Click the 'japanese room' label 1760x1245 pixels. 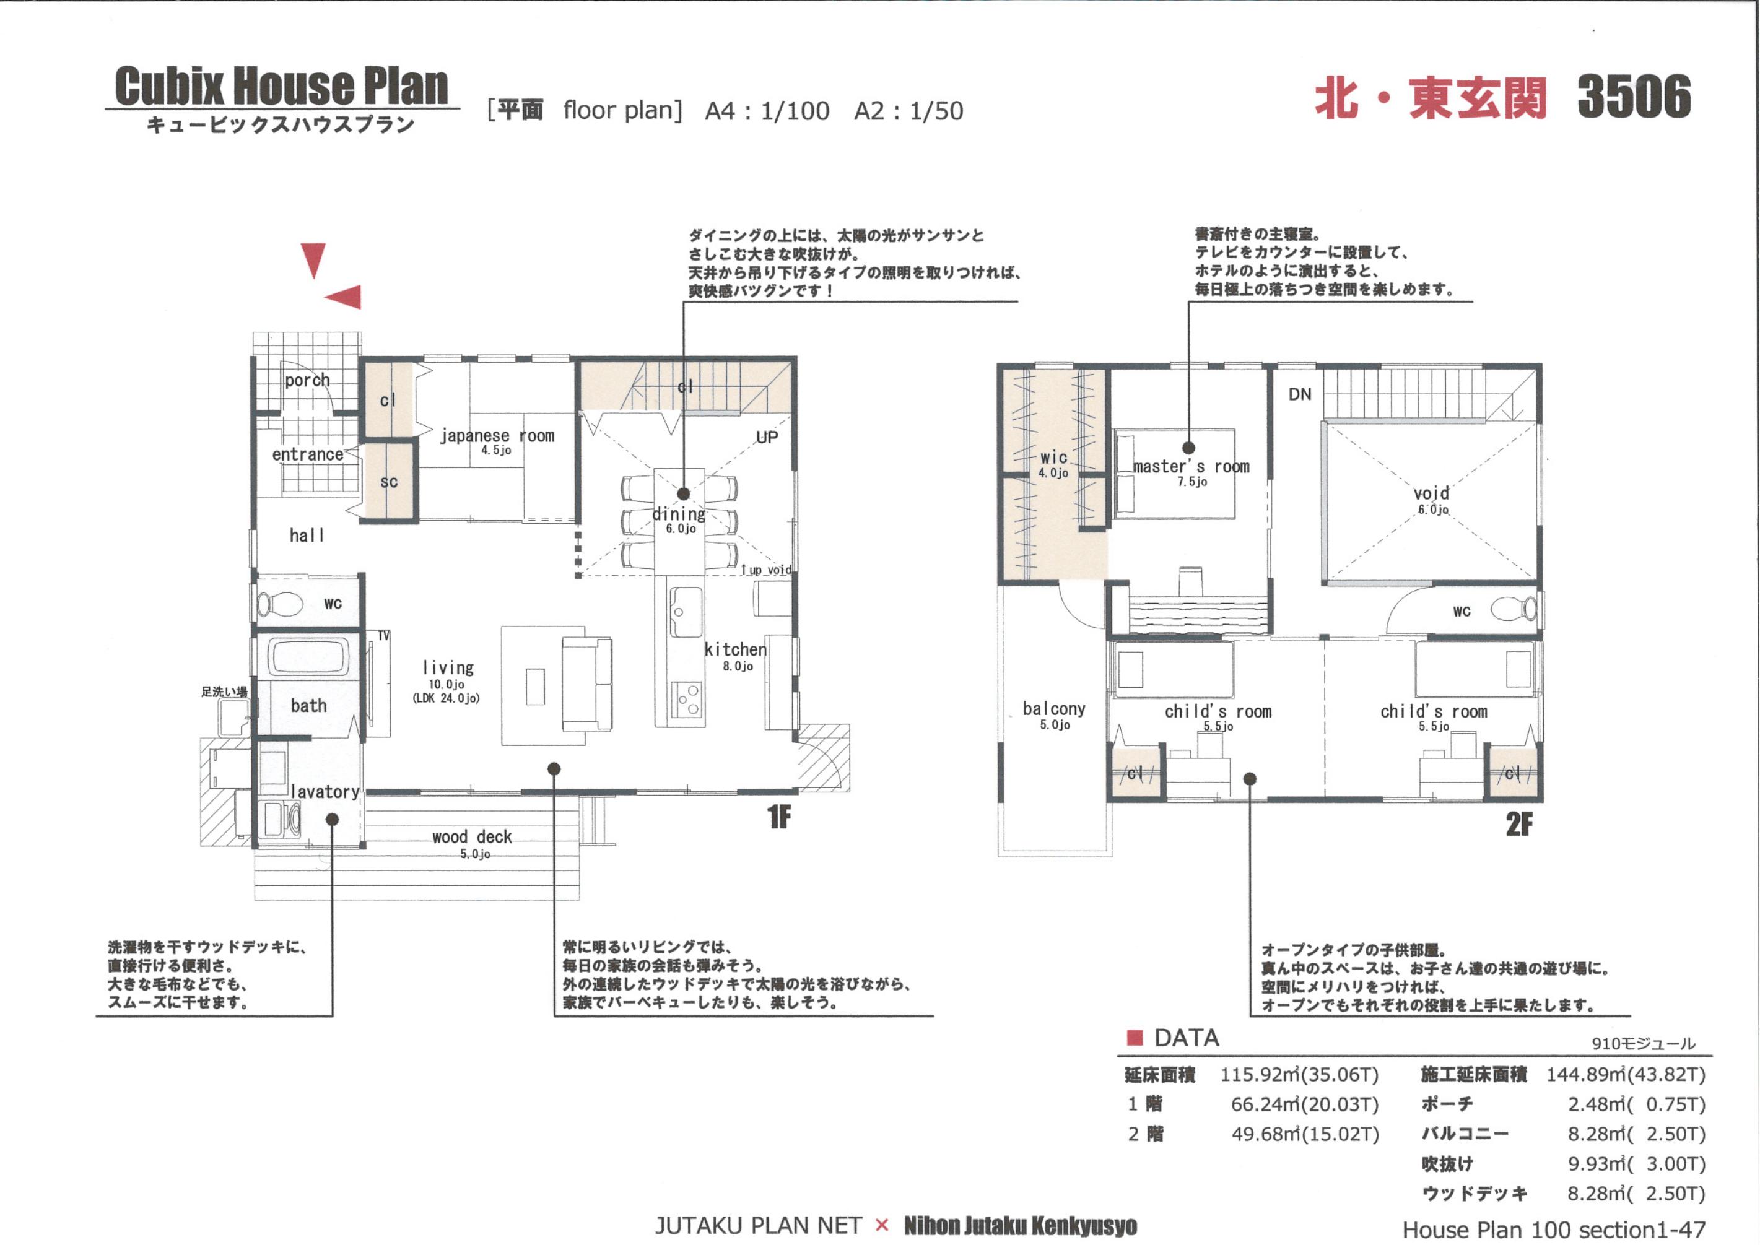tap(497, 435)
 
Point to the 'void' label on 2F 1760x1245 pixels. tap(1431, 493)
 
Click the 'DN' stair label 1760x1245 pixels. tap(1300, 394)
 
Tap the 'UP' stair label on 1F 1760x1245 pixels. tap(767, 437)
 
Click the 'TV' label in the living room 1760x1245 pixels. tap(383, 636)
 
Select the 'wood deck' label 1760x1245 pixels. tap(472, 836)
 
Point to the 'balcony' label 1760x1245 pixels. tap(1053, 708)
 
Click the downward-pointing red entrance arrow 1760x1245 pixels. tap(313, 260)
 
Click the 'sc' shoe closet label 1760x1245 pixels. tap(389, 482)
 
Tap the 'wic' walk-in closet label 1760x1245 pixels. tap(1053, 457)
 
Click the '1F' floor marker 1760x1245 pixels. tap(778, 818)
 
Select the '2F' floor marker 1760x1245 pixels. tap(1519, 825)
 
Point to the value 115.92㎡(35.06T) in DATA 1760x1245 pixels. tap(1299, 1075)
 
